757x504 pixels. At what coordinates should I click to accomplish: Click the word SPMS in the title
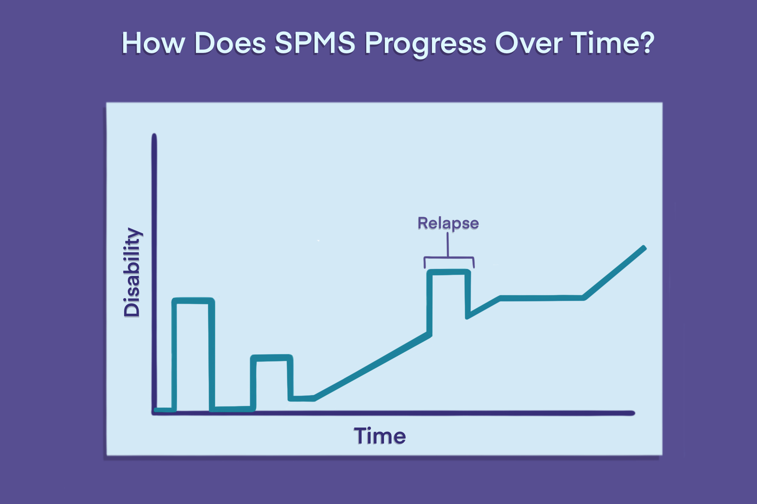tap(315, 43)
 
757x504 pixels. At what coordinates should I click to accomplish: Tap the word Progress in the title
tap(425, 44)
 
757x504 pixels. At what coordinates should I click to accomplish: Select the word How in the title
tap(153, 43)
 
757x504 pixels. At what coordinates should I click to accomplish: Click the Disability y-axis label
tap(132, 272)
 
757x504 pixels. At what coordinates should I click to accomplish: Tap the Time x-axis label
tap(380, 436)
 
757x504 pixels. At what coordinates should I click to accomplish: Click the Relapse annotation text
tap(448, 223)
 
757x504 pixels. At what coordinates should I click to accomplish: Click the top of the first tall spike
tap(193, 300)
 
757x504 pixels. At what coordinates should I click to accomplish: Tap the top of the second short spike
tap(272, 358)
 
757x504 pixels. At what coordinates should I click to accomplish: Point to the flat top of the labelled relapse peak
tap(448, 272)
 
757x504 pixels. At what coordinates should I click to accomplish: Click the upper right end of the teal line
tap(643, 248)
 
